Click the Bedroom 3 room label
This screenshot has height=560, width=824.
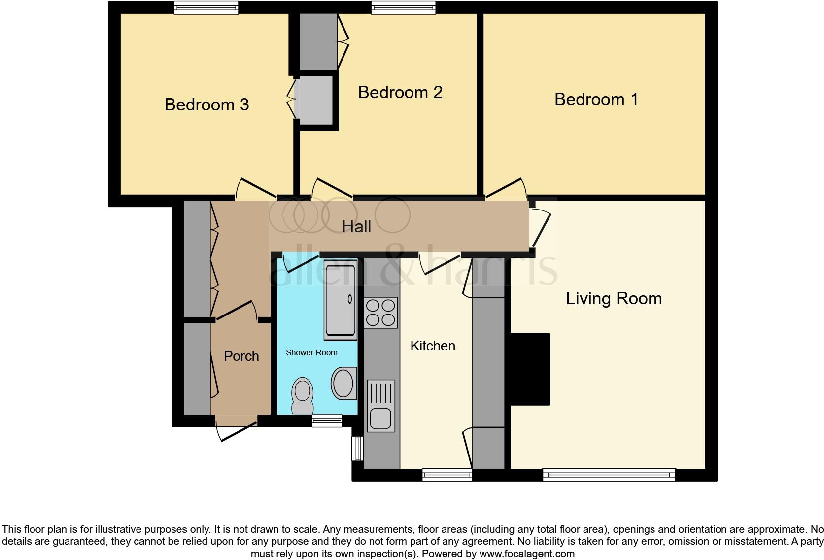click(x=206, y=105)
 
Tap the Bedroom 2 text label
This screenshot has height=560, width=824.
click(x=400, y=92)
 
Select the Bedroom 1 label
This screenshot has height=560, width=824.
click(x=596, y=99)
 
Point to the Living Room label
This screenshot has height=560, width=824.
click(x=613, y=298)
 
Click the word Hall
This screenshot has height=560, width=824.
click(x=356, y=227)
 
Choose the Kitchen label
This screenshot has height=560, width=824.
click(x=432, y=346)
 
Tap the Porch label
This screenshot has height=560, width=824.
click(x=241, y=356)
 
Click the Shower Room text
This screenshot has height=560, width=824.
click(x=311, y=352)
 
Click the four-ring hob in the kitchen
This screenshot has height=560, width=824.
click(x=380, y=313)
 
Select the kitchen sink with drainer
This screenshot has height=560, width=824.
click(x=380, y=406)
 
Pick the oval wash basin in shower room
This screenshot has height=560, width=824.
click(x=343, y=383)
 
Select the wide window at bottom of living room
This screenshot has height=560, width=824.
click(x=609, y=475)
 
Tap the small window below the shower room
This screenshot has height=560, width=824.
click(x=327, y=420)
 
